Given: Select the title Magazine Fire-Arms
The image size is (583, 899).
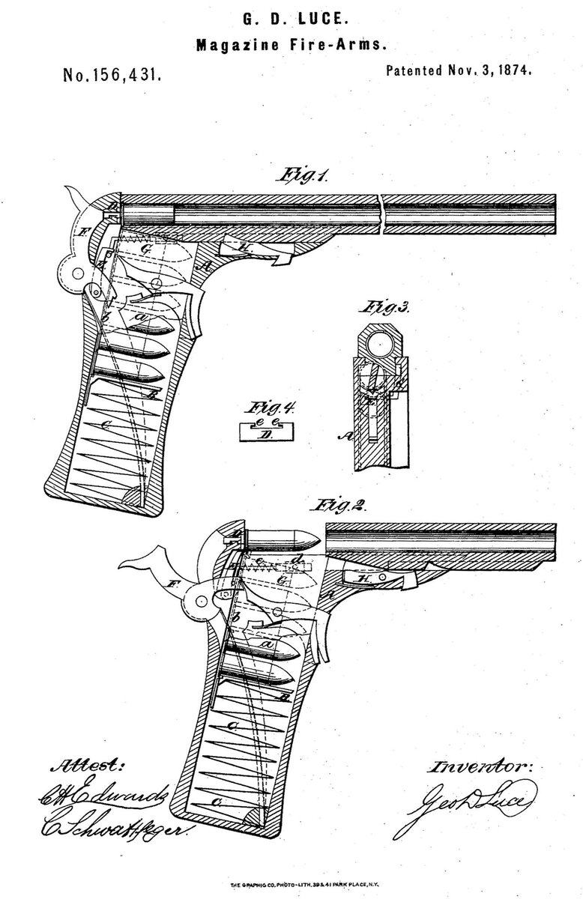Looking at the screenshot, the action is pos(291,46).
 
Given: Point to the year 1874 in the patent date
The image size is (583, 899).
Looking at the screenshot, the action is pos(510,72).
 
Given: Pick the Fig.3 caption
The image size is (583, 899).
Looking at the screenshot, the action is pos(381,308).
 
